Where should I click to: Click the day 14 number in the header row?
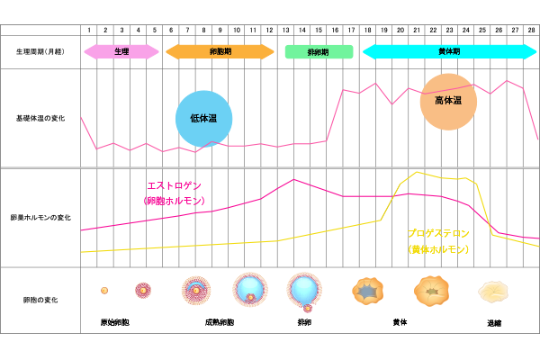tap(302, 30)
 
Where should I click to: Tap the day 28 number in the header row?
tap(531, 30)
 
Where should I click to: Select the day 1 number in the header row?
tap(89, 30)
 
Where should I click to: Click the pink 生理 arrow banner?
tap(121, 51)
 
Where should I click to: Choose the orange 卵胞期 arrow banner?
tap(220, 51)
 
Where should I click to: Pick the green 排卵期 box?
tap(319, 51)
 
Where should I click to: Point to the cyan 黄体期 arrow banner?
tap(449, 51)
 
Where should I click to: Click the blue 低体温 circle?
tap(204, 119)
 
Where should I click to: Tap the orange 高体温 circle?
tap(448, 102)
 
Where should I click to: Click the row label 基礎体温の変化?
tap(40, 118)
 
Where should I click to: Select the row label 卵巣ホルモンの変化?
tap(40, 218)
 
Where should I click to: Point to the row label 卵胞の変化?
tap(40, 300)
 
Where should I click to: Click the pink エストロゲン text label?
tap(175, 185)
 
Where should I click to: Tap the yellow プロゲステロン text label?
tap(438, 234)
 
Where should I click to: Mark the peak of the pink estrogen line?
tap(293, 179)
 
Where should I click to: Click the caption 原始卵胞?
tap(114, 322)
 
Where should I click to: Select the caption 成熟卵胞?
tap(220, 322)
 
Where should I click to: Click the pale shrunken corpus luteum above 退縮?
tap(493, 292)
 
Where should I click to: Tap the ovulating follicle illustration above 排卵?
tap(304, 292)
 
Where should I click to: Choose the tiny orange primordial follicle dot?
tap(104, 291)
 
